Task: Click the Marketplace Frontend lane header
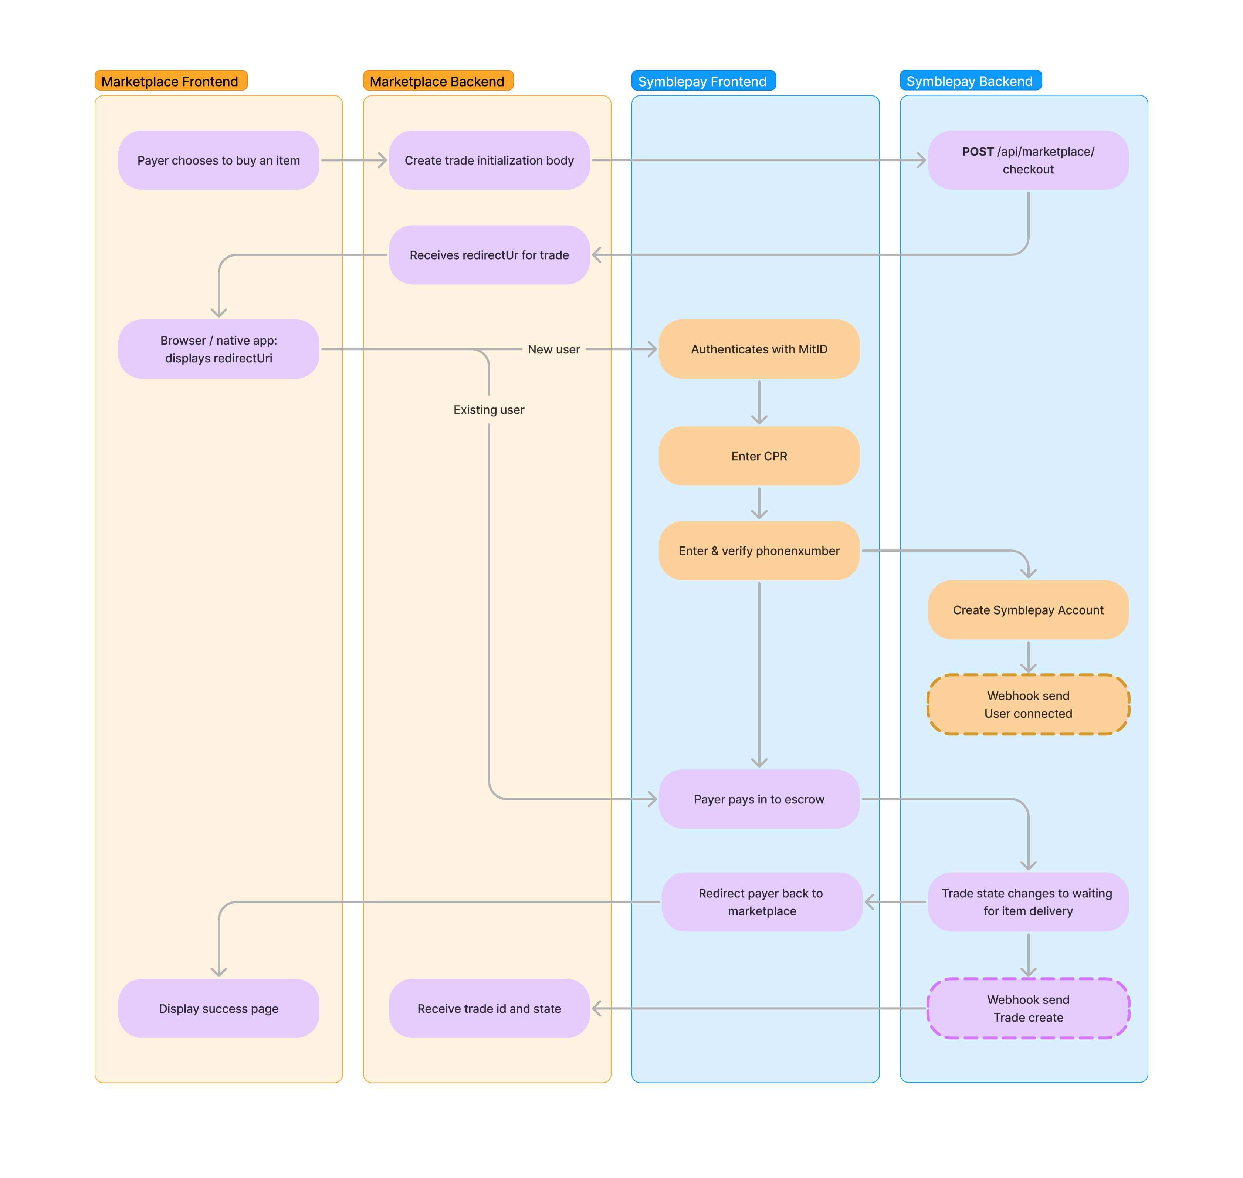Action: [170, 81]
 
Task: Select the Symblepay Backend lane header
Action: [970, 81]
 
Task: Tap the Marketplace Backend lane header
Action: [437, 81]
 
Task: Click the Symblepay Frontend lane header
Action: [702, 81]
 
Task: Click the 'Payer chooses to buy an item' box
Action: [219, 160]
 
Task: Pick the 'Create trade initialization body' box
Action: [489, 160]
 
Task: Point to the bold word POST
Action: [978, 151]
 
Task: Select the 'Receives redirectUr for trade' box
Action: [489, 255]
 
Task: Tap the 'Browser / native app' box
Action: [219, 349]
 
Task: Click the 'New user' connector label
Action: [554, 349]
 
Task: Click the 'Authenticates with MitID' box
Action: [759, 349]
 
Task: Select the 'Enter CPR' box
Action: [759, 456]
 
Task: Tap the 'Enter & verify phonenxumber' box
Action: [759, 551]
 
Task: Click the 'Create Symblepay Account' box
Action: [1028, 610]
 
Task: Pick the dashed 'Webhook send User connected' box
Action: [1028, 704]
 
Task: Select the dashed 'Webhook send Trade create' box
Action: [1028, 1008]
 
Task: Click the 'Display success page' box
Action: [219, 1008]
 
